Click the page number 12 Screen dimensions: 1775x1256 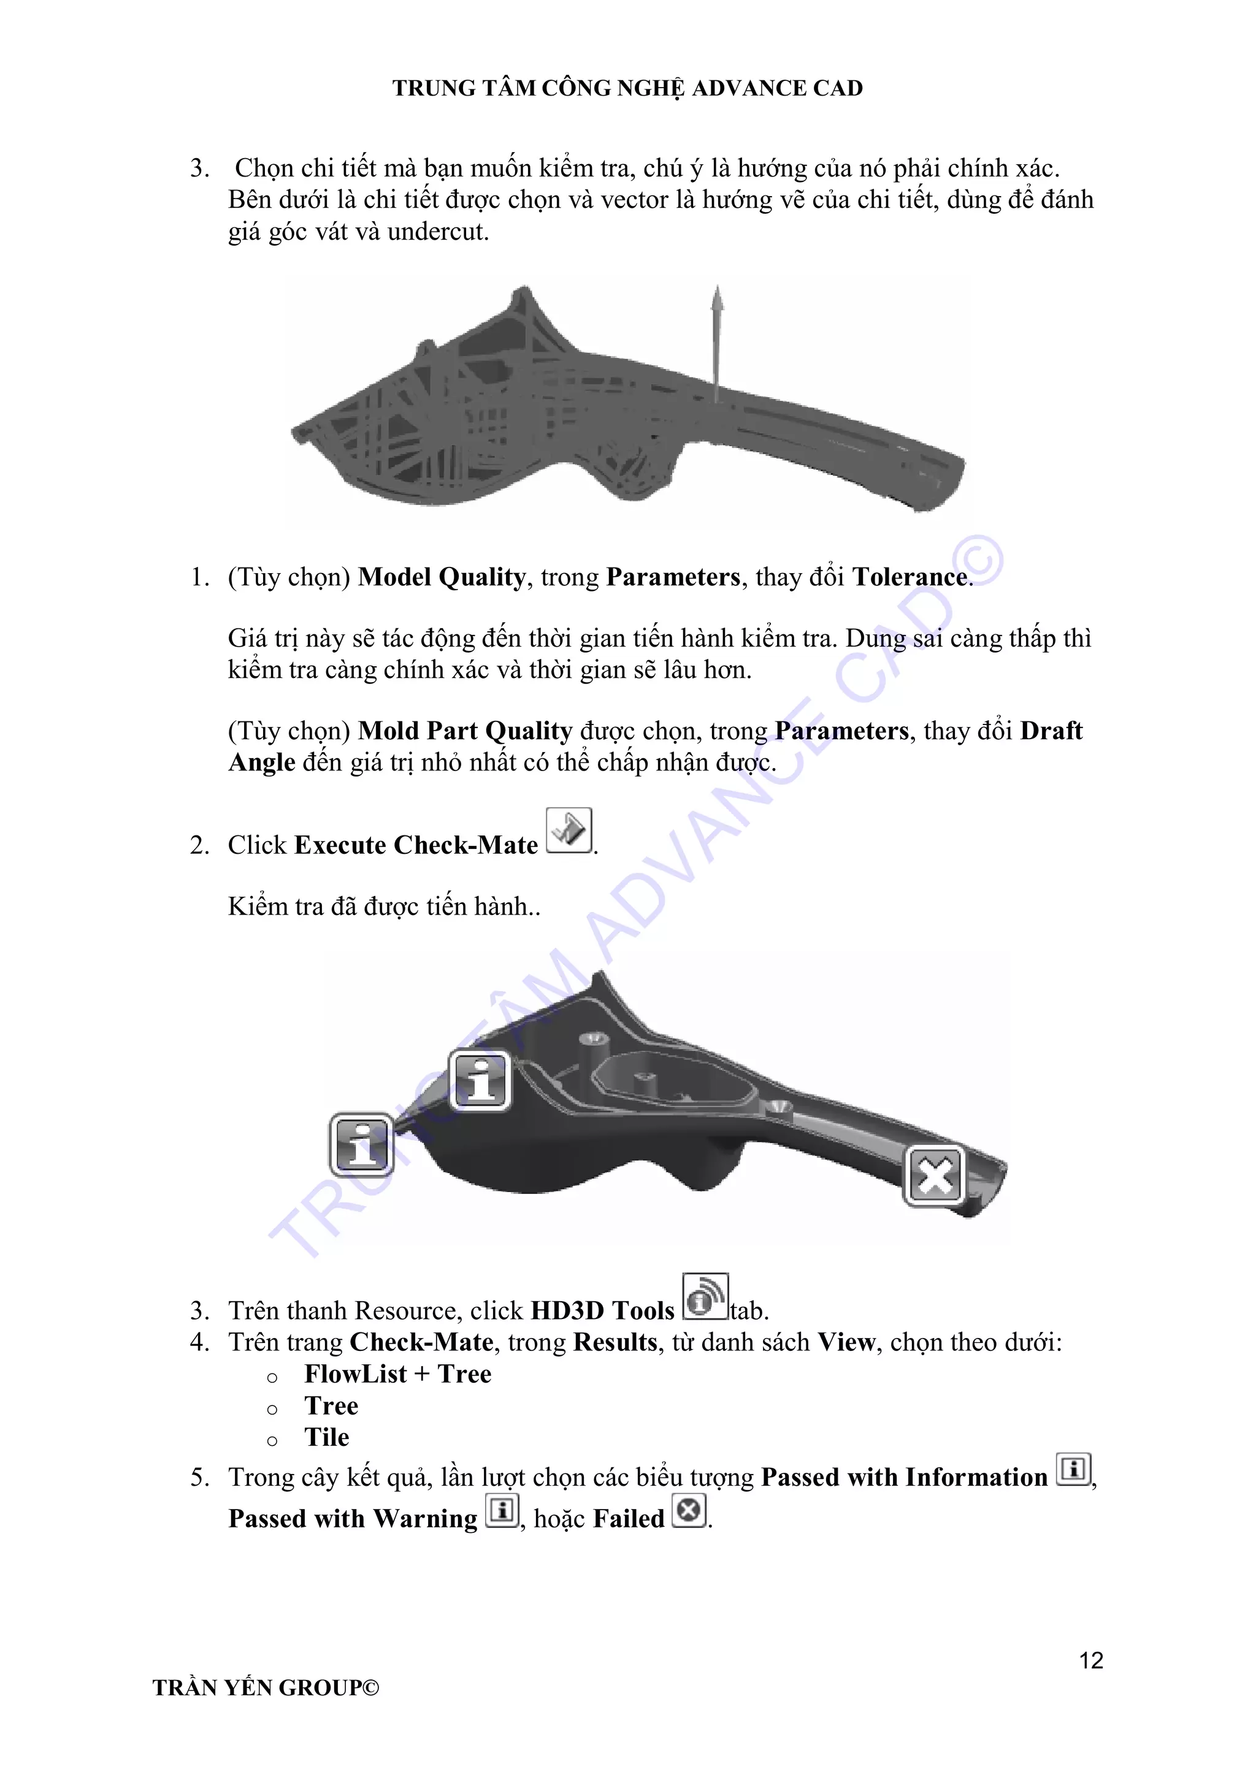pyautogui.click(x=1090, y=1660)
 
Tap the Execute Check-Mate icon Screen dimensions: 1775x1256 pyautogui.click(x=569, y=830)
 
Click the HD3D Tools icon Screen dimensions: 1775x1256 pyautogui.click(x=705, y=1296)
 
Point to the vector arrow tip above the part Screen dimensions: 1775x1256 pyautogui.click(x=718, y=291)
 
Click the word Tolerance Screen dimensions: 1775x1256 pyautogui.click(x=909, y=577)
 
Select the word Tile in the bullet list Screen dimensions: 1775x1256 pyautogui.click(x=326, y=1437)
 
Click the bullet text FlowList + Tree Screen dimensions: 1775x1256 pyautogui.click(x=397, y=1374)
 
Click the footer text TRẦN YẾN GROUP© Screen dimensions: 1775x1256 pyautogui.click(x=266, y=1687)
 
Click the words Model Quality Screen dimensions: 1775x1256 pyautogui.click(x=442, y=577)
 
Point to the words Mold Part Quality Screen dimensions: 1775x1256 pyautogui.click(x=465, y=731)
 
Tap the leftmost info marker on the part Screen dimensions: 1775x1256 pyautogui.click(x=361, y=1144)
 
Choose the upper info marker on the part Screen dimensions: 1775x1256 pyautogui.click(x=480, y=1081)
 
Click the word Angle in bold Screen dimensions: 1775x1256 pyautogui.click(x=261, y=762)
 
